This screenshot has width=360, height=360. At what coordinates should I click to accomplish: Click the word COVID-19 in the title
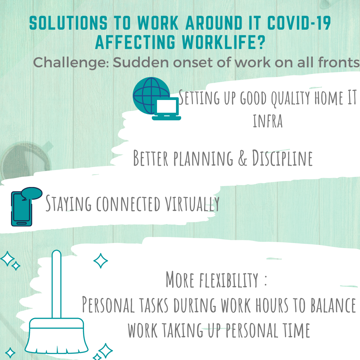(299, 23)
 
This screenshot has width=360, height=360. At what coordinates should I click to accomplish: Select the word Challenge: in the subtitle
(71, 63)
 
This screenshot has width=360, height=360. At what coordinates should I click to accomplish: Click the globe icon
(151, 95)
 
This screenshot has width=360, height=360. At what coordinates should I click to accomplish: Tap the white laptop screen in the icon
(166, 106)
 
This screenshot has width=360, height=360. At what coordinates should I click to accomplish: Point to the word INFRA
(268, 121)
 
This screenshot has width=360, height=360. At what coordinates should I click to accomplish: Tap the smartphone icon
(22, 209)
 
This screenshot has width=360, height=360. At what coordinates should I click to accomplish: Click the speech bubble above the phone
(32, 193)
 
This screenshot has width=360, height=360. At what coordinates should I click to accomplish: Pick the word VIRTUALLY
(192, 203)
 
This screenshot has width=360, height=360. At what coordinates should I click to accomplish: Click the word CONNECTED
(128, 204)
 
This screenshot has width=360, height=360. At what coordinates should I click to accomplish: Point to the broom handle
(56, 284)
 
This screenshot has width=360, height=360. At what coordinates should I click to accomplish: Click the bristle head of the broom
(56, 336)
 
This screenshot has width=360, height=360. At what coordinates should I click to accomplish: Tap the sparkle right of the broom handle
(101, 261)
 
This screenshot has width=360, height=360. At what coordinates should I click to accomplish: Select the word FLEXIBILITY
(229, 280)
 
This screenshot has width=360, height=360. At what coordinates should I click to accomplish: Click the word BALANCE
(333, 305)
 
